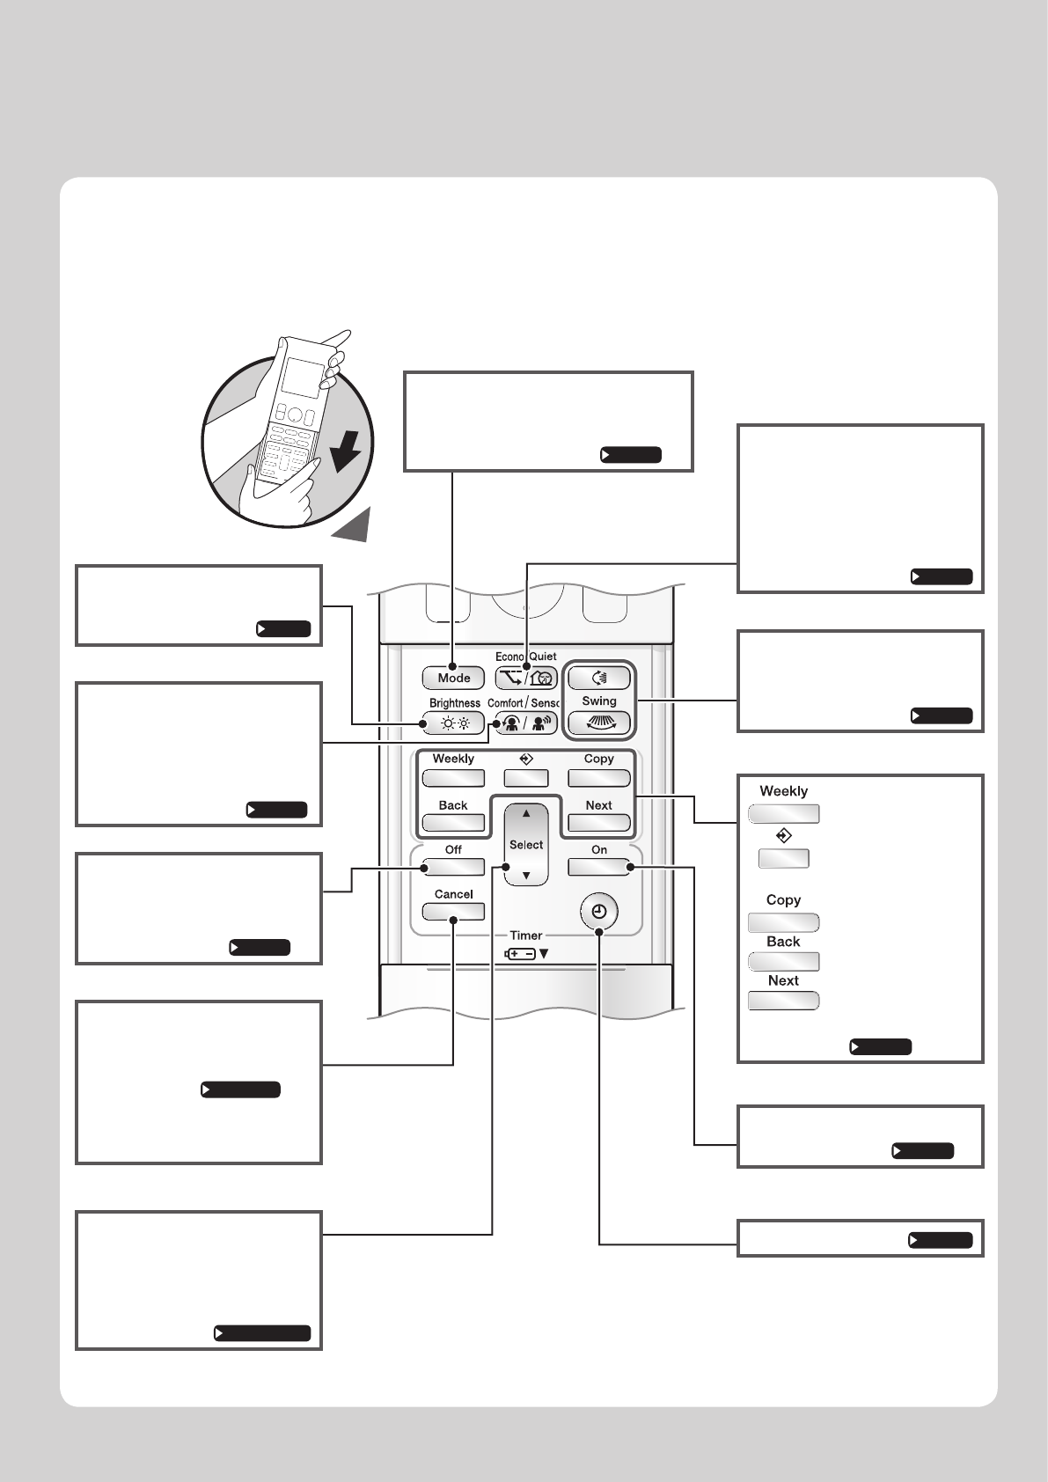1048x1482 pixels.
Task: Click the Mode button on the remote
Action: click(x=454, y=678)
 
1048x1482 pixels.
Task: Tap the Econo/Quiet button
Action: click(x=526, y=678)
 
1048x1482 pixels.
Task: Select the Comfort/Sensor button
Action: click(x=526, y=723)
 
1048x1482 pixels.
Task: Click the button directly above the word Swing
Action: click(x=599, y=678)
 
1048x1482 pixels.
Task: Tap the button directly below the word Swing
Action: click(x=599, y=723)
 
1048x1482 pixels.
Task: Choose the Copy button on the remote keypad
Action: click(x=599, y=778)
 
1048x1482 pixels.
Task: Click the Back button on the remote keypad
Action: click(x=453, y=824)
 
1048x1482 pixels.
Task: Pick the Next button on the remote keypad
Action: click(x=599, y=824)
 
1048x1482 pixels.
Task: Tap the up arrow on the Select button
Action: click(x=526, y=814)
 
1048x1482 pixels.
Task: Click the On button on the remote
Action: click(x=599, y=867)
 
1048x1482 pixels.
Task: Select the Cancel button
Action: click(x=453, y=912)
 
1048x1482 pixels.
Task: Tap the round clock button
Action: click(x=599, y=912)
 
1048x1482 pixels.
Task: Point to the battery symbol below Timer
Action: click(x=520, y=953)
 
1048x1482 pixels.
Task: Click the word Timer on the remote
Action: click(x=526, y=935)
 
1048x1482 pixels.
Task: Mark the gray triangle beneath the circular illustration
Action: click(x=353, y=525)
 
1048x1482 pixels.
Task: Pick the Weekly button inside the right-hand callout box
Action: click(x=783, y=814)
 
